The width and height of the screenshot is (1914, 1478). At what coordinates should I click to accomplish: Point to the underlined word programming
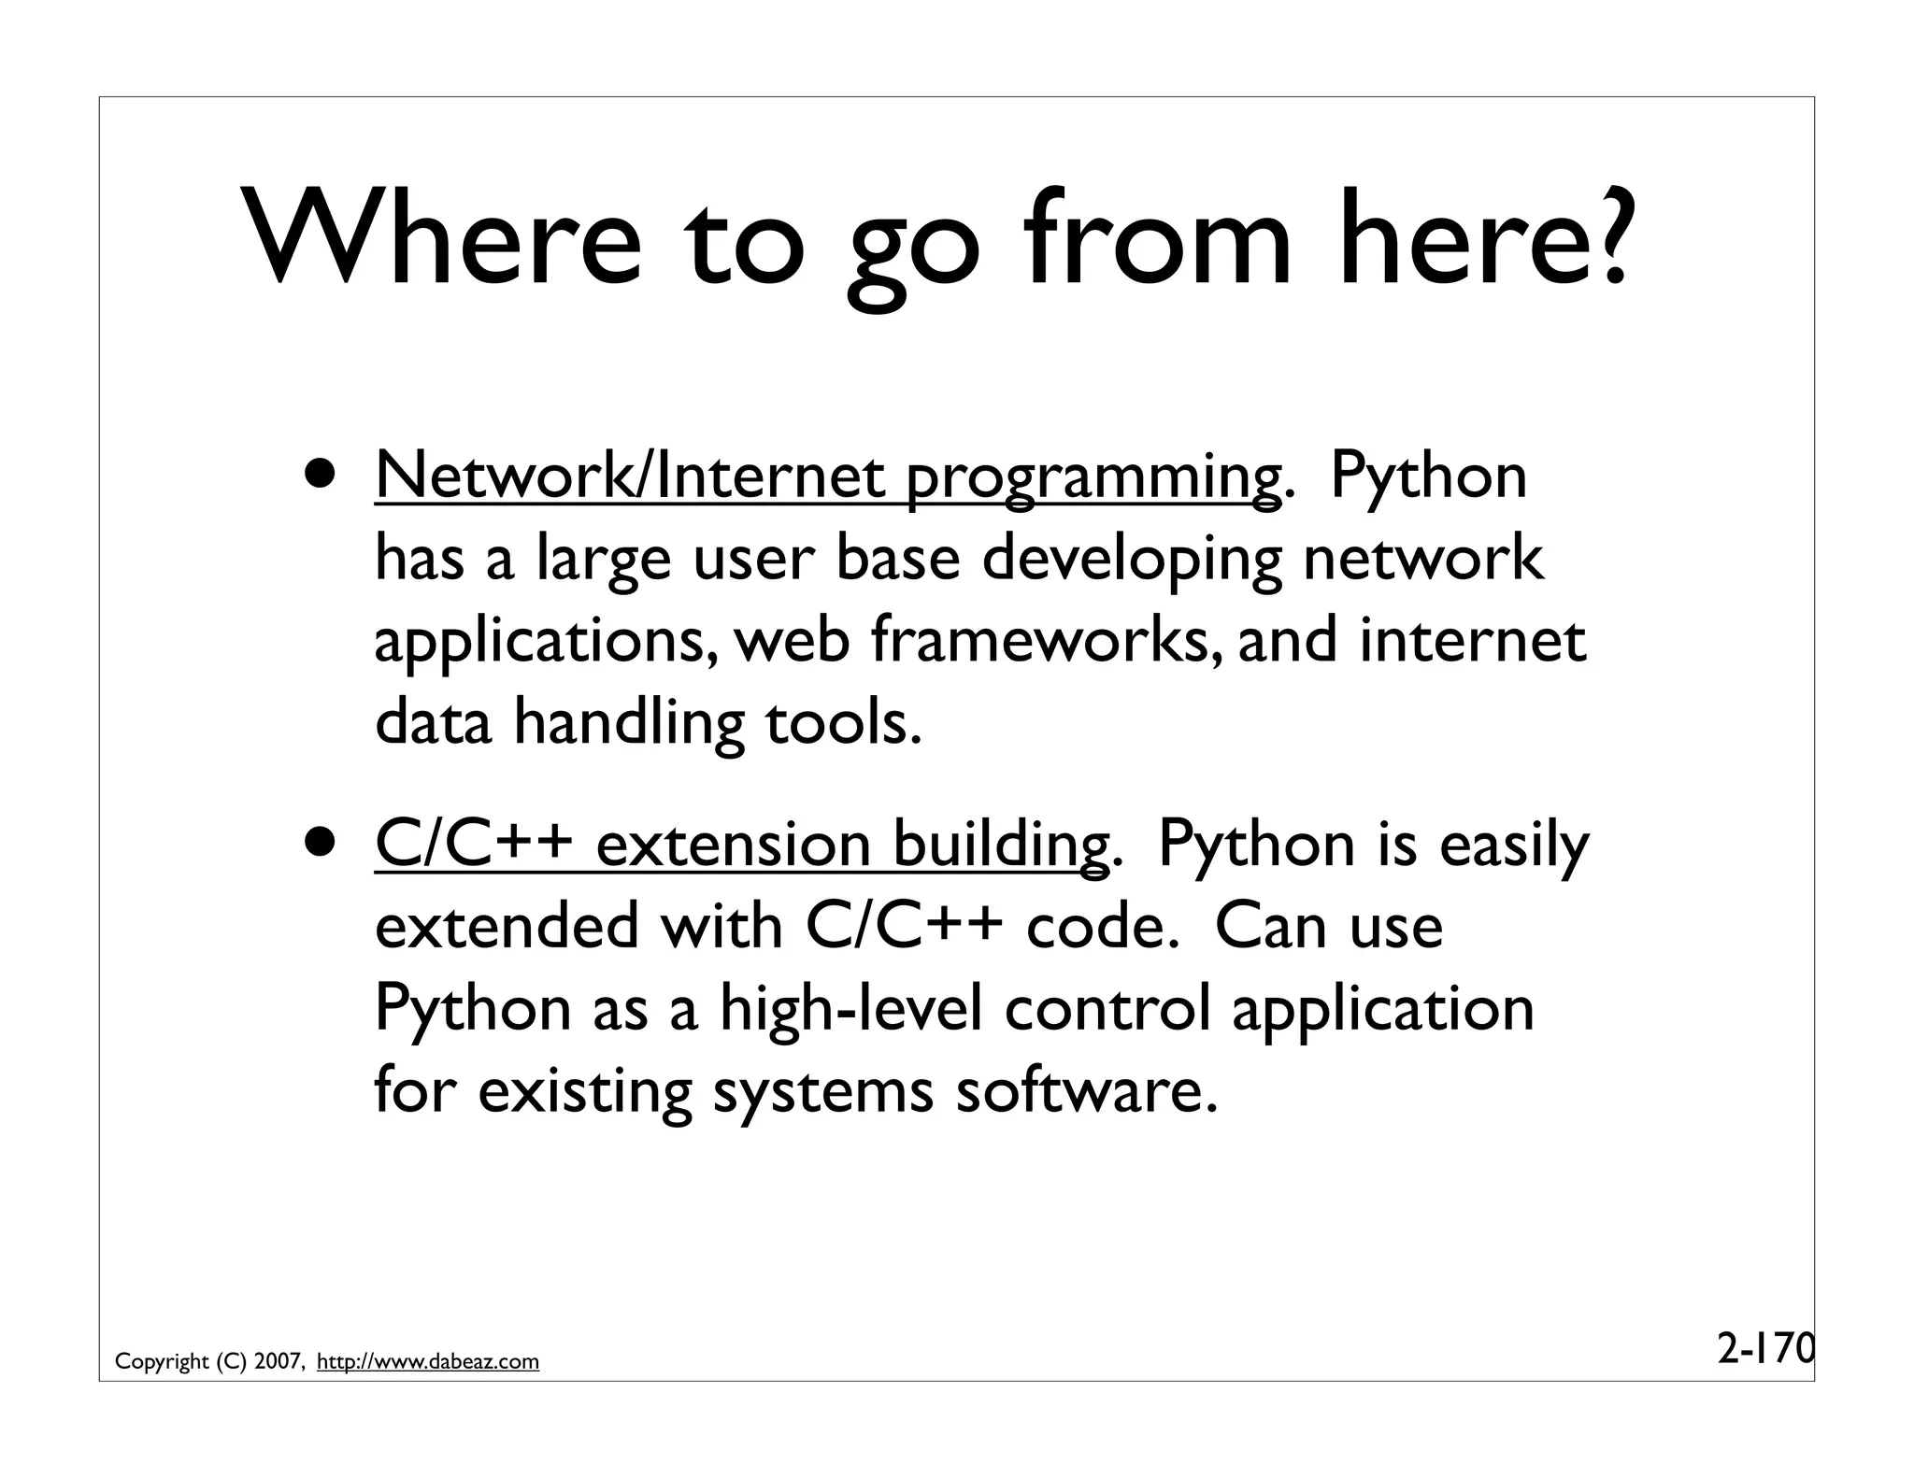pyautogui.click(x=1093, y=481)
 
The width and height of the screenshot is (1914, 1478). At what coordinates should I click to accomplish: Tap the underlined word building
pyautogui.click(x=999, y=847)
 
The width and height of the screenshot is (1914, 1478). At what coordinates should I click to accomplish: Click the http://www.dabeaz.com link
pyautogui.click(x=428, y=1362)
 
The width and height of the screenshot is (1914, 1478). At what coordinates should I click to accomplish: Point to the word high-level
pyautogui.click(x=850, y=1010)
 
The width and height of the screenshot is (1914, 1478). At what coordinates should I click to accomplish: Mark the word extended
pyautogui.click(x=506, y=927)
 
